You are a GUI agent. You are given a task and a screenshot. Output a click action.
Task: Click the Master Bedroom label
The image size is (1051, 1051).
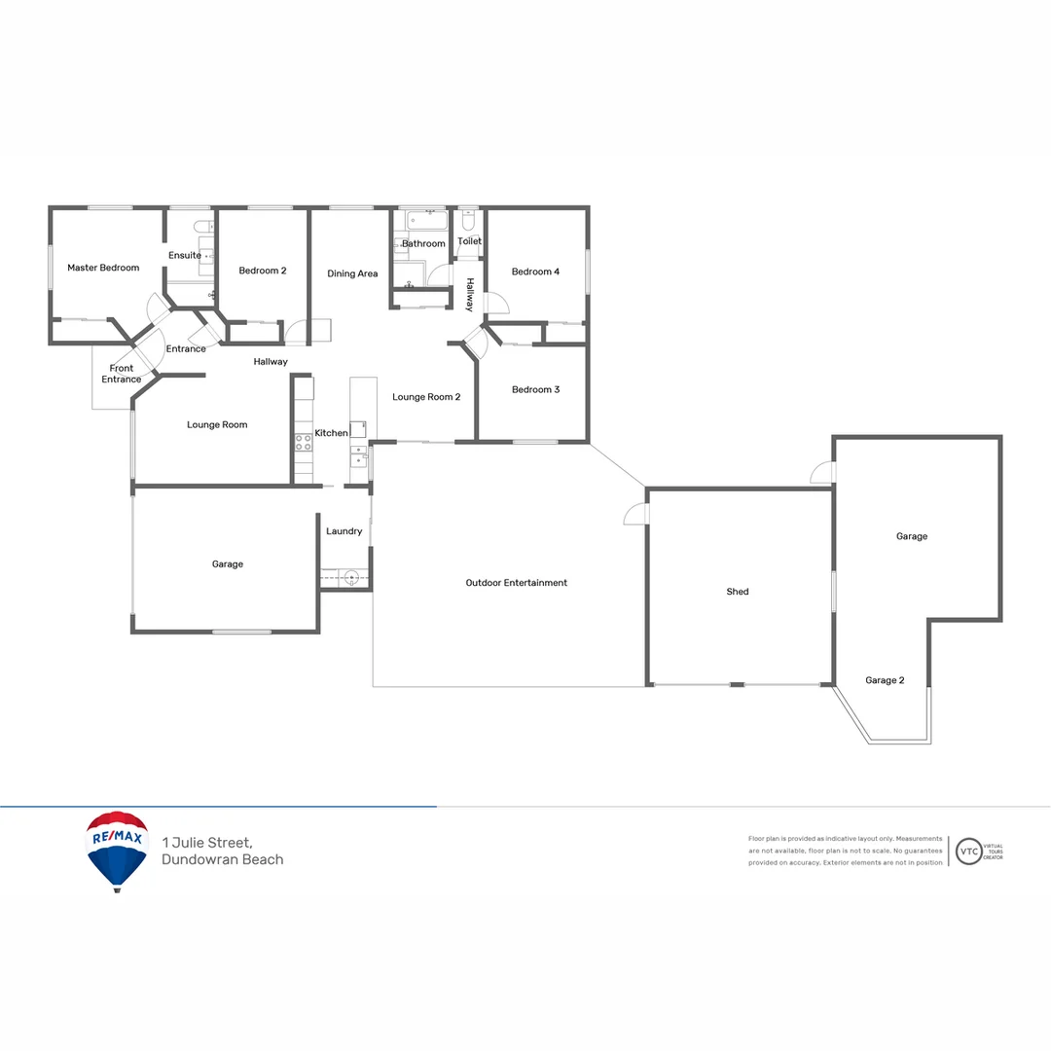coord(103,268)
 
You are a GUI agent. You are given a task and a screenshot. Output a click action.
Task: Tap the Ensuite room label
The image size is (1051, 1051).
coord(185,256)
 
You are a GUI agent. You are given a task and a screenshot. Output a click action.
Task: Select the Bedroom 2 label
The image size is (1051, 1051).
coord(263,272)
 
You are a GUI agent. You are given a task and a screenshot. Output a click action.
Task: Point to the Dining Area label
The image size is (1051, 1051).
coord(352,274)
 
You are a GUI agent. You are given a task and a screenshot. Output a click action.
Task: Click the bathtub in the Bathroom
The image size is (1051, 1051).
coord(421,220)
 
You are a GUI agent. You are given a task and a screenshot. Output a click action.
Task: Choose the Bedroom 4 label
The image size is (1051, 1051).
coord(535,272)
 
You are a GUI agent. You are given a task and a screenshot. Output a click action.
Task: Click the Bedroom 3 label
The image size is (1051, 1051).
coord(535,390)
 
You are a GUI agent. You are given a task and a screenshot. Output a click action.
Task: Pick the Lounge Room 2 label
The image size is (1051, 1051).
coord(426,397)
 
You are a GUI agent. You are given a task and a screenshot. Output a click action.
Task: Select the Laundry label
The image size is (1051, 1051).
coord(344,531)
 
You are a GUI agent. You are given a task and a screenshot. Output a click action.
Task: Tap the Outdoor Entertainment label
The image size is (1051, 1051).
coord(516,583)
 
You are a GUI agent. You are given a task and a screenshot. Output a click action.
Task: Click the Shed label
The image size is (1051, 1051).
coord(738,592)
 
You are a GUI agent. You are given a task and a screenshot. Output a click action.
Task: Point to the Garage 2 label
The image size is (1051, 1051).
coord(885,680)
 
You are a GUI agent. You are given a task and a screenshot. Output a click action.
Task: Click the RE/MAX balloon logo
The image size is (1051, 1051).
coord(117,850)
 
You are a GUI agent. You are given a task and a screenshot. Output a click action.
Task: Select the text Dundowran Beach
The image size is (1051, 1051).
coord(223,859)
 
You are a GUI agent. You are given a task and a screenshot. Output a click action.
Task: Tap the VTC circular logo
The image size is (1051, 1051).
coord(969,852)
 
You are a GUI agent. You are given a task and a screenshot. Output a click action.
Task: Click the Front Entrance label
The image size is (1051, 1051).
coord(122,374)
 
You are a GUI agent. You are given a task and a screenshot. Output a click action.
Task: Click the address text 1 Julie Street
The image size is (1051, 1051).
coord(208,842)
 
